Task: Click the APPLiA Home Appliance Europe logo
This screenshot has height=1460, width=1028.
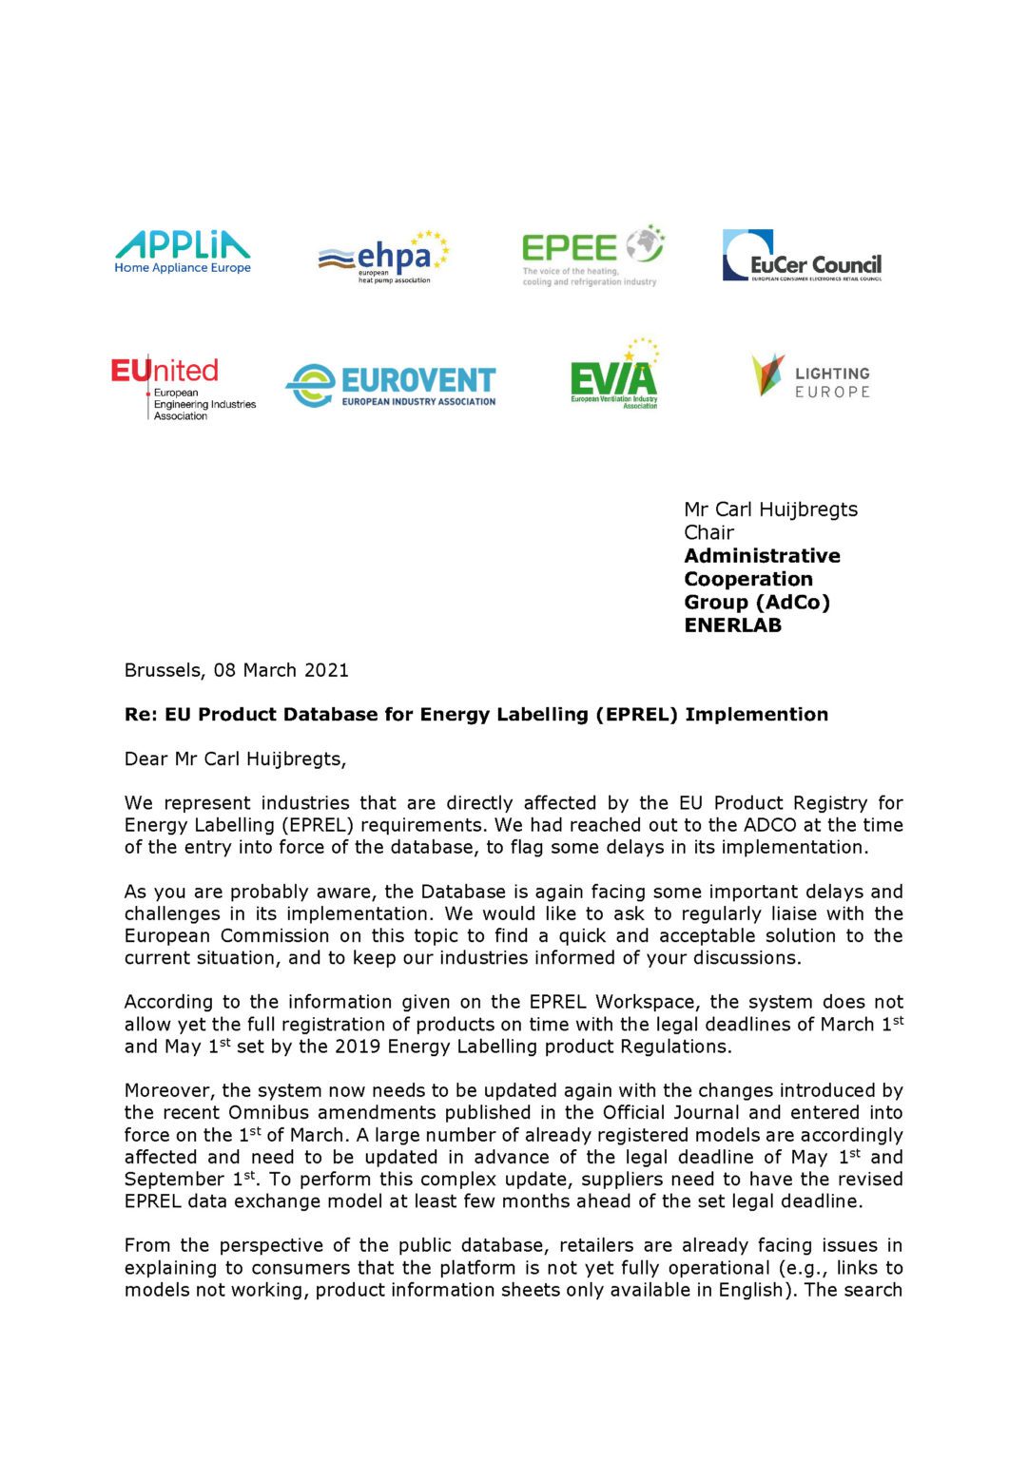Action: pyautogui.click(x=183, y=252)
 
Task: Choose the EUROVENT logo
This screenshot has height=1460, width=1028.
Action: pyautogui.click(x=391, y=386)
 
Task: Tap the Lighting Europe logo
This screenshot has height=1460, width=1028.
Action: pyautogui.click(x=811, y=376)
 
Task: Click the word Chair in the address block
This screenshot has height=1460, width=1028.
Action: pyautogui.click(x=708, y=532)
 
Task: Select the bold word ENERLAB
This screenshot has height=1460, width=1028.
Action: pyautogui.click(x=732, y=625)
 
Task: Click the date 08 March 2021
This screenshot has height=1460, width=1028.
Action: pyautogui.click(x=281, y=670)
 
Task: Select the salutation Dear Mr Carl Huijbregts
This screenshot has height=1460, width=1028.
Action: pyautogui.click(x=235, y=759)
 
